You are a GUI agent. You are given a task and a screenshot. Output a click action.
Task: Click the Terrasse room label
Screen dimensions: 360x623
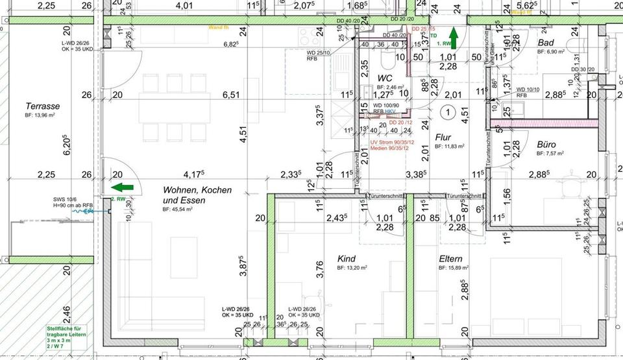click(42, 106)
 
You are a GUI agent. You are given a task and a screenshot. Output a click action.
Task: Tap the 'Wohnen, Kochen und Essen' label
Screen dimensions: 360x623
click(188, 195)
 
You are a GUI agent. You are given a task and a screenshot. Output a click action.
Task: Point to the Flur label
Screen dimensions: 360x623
click(443, 138)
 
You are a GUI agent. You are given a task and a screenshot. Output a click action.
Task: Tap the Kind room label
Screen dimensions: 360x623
click(346, 259)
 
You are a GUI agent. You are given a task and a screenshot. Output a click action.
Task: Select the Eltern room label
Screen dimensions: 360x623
click(450, 259)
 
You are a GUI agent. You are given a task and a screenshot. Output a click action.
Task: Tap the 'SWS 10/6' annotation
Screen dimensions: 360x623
click(65, 200)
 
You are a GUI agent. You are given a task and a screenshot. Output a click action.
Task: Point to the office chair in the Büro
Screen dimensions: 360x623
click(571, 184)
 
